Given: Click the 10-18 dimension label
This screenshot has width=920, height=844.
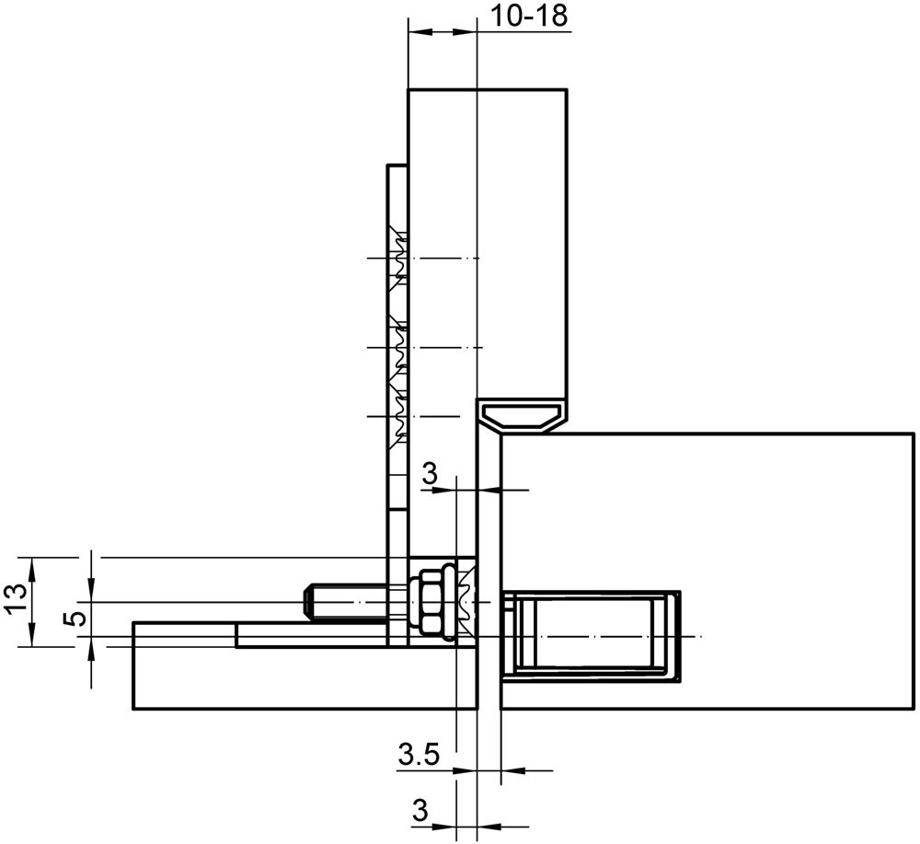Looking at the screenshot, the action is [x=529, y=16].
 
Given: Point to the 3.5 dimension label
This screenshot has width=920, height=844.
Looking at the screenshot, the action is [x=419, y=754].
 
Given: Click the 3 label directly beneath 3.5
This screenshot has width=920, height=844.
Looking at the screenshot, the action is [x=420, y=812].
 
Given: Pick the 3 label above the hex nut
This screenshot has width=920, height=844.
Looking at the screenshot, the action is [x=430, y=475].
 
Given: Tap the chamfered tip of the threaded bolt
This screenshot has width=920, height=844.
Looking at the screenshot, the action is [x=308, y=603].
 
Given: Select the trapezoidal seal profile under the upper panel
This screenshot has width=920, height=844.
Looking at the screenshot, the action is [x=523, y=416].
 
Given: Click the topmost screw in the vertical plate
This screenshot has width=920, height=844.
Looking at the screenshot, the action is [x=398, y=259].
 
